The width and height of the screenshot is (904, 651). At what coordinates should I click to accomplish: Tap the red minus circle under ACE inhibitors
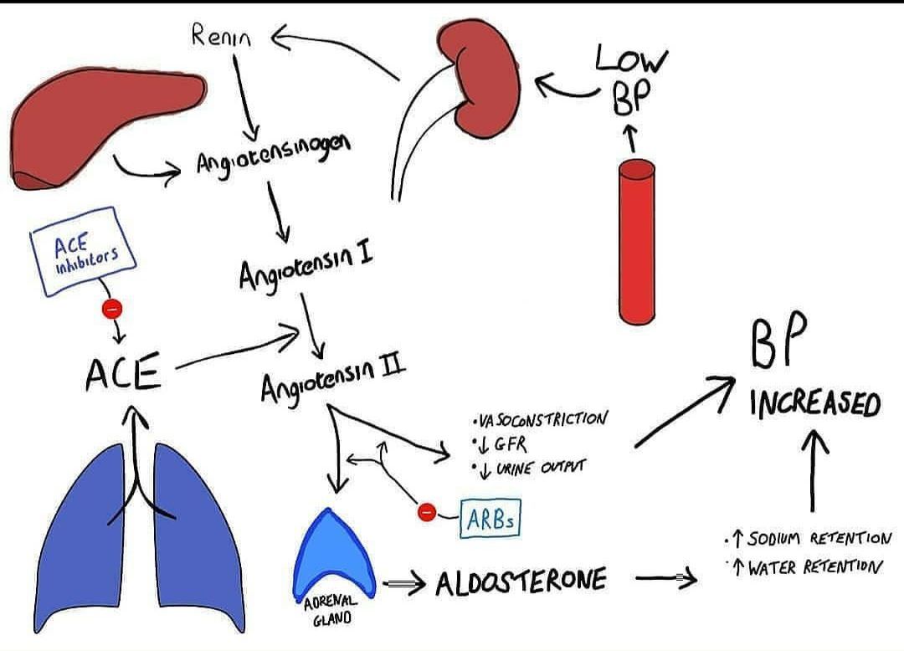tap(111, 309)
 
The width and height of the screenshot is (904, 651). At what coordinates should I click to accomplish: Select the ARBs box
tap(491, 520)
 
